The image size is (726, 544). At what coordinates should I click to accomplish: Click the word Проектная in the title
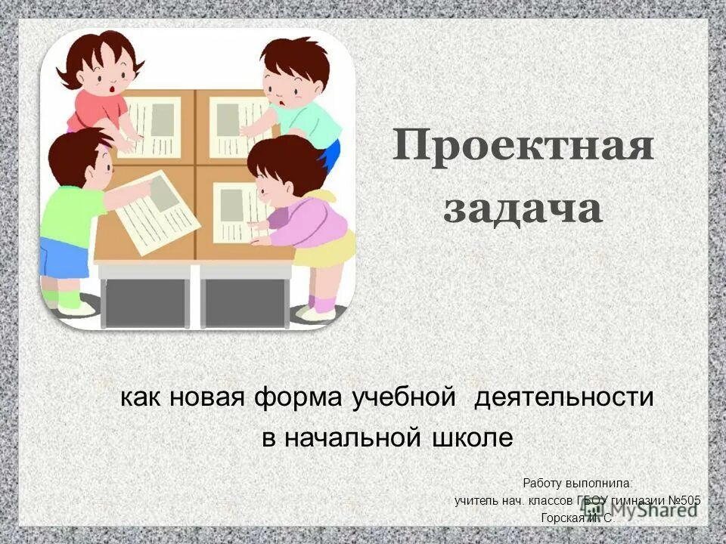(x=523, y=147)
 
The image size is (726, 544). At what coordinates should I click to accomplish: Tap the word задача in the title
(x=523, y=209)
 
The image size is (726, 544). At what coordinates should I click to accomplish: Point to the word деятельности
(x=563, y=397)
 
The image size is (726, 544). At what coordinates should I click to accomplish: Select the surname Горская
(x=560, y=518)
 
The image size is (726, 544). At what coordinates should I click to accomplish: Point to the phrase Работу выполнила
(x=578, y=483)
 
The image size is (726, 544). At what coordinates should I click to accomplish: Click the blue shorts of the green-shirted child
(x=64, y=258)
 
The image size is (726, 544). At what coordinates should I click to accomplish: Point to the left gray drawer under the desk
(x=146, y=301)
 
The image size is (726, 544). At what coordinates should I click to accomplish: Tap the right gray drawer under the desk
(x=245, y=301)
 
